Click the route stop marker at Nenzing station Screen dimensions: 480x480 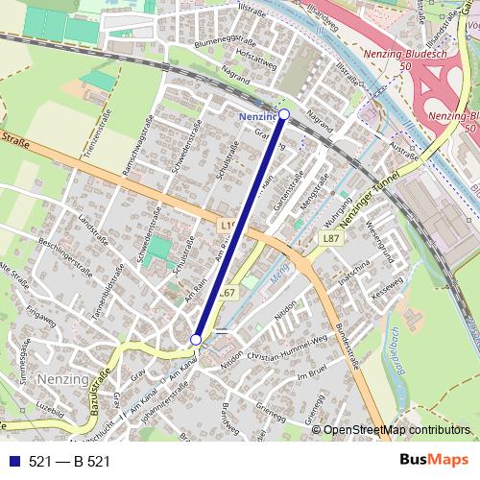[283, 113]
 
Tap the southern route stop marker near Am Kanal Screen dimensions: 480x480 [196, 339]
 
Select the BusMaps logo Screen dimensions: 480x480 [433, 462]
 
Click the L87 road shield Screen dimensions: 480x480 [330, 237]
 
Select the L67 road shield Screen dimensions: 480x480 [227, 293]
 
